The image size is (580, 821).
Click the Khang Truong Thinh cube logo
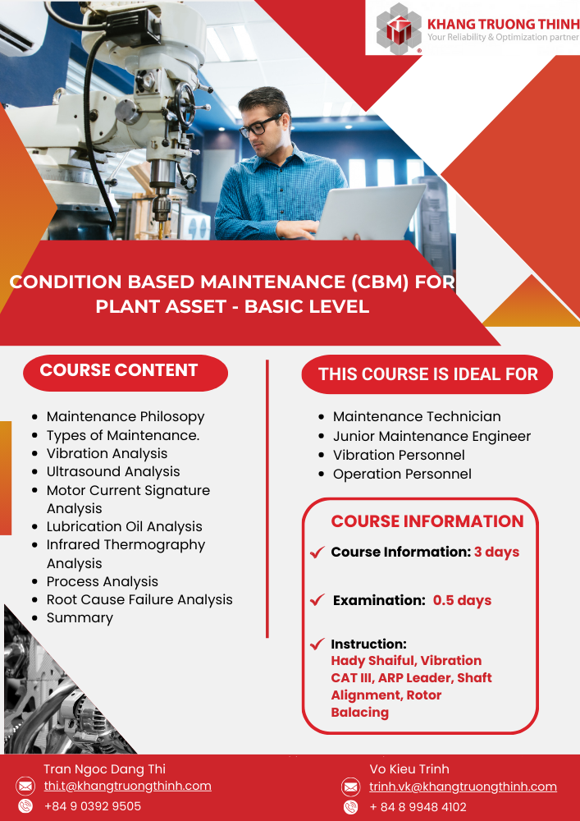399,28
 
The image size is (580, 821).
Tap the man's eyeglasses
260,126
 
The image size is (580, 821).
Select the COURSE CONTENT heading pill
126,372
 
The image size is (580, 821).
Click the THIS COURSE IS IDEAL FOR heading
427,374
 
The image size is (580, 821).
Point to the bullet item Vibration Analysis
107,453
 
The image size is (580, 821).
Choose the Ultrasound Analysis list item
113,472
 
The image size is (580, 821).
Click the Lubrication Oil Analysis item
124,527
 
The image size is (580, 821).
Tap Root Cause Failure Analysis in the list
139,599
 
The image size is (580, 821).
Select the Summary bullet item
80,618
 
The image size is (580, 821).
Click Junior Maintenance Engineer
432,436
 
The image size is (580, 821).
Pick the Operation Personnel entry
402,474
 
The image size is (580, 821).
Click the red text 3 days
496,553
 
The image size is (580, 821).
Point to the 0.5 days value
463,600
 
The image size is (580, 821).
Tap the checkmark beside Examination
317,600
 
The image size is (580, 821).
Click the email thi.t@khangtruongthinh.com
128,786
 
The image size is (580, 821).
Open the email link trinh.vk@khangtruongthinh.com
463,787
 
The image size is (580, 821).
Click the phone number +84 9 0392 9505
93,806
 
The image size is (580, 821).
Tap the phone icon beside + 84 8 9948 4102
350,807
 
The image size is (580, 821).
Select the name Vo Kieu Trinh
409,769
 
